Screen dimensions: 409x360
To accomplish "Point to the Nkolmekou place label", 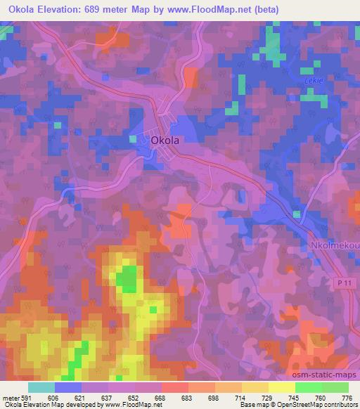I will click(335, 245).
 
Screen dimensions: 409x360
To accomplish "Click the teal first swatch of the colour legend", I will click(41, 387).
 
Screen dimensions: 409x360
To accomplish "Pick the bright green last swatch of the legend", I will click(334, 387).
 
